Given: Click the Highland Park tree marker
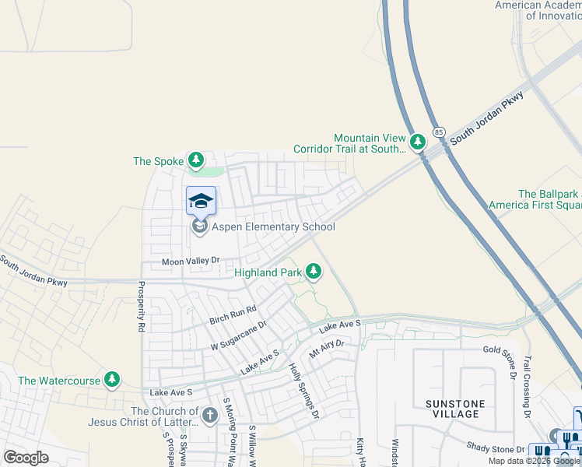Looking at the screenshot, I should pyautogui.click(x=314, y=271).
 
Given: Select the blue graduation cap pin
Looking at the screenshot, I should pyautogui.click(x=202, y=201).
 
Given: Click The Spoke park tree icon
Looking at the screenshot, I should pyautogui.click(x=196, y=161).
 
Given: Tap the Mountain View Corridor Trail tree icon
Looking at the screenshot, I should pyautogui.click(x=418, y=142).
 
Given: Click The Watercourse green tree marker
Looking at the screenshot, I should pyautogui.click(x=113, y=379).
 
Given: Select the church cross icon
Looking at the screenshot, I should pyautogui.click(x=209, y=416).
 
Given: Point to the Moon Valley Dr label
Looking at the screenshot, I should pyautogui.click(x=191, y=262).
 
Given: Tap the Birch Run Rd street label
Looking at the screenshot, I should pyautogui.click(x=233, y=315).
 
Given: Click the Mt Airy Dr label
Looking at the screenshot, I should pyautogui.click(x=326, y=347).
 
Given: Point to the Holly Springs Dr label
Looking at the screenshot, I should pyautogui.click(x=304, y=391).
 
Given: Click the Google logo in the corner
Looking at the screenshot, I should pyautogui.click(x=26, y=458).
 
